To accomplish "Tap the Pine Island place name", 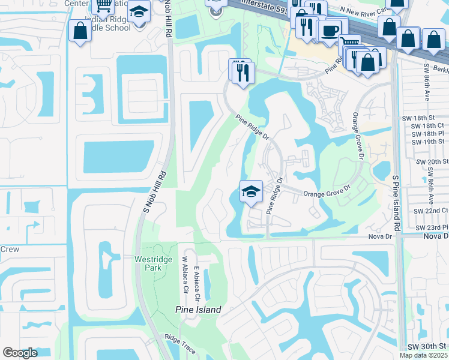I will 198,310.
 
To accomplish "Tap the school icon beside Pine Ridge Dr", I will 251,191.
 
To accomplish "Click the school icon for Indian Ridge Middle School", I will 139,12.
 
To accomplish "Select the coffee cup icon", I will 330,31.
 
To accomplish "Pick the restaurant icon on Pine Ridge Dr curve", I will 242,73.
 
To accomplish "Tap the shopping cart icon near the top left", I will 103,6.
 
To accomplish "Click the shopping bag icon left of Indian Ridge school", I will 80,31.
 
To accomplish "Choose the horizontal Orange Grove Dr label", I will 326,194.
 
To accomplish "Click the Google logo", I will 20,352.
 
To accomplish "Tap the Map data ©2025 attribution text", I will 423,355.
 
